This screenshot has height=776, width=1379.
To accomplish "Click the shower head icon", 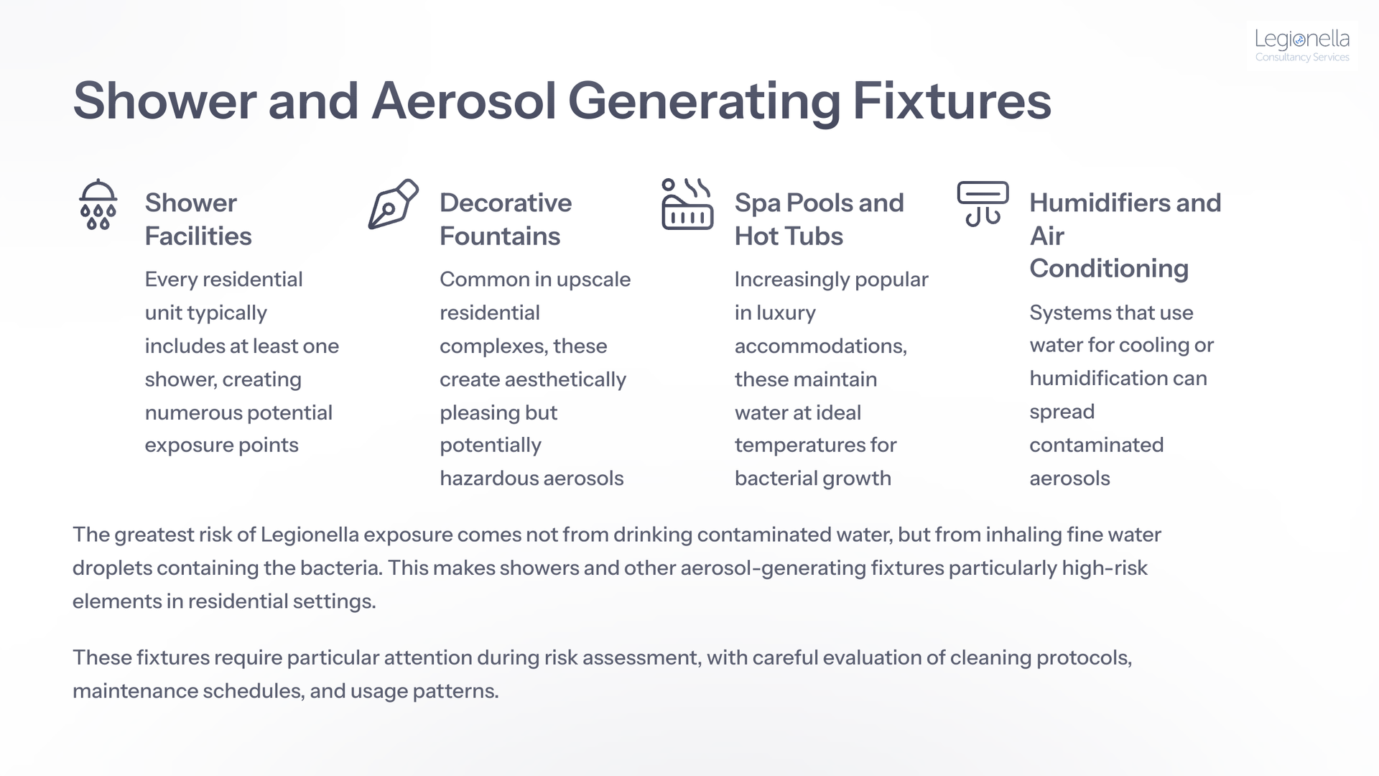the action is [x=98, y=204].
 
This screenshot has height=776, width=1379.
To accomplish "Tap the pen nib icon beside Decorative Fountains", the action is [x=393, y=204].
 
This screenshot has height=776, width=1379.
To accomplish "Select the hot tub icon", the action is [x=687, y=204].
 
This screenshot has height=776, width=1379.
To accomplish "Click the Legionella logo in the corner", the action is [x=1302, y=45].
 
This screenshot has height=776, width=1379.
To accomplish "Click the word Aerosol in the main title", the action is [x=464, y=101].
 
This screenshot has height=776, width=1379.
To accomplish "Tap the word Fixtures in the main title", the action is [x=952, y=101].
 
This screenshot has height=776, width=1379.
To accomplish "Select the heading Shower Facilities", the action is [x=198, y=219].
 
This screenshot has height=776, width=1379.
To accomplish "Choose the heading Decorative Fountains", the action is [x=506, y=219].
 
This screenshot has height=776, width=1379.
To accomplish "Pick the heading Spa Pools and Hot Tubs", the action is [x=819, y=219].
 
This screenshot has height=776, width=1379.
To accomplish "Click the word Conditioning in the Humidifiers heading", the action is [x=1109, y=268].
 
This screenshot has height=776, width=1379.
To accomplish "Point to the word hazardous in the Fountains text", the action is [x=493, y=479].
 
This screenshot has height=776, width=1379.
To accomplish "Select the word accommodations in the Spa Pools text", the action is [x=820, y=346].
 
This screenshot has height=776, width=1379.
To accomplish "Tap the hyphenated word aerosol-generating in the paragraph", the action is [x=773, y=568].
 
